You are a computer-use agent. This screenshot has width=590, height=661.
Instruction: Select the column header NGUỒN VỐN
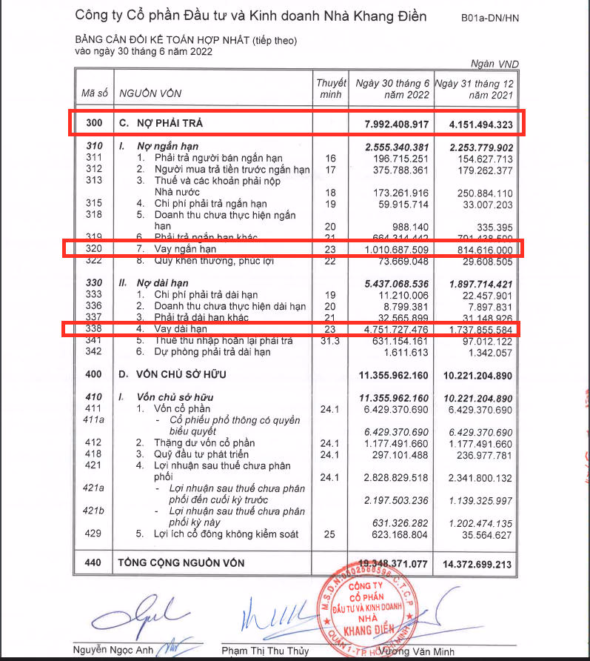pos(150,93)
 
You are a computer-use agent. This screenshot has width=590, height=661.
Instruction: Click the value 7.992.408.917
pos(391,122)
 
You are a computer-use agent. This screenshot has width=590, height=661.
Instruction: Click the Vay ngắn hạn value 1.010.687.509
pos(392,249)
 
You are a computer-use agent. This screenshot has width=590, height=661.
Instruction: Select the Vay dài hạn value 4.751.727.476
pos(392,329)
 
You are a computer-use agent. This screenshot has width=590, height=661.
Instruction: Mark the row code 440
pos(93,563)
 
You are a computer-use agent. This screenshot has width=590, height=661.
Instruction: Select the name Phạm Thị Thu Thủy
pos(265,651)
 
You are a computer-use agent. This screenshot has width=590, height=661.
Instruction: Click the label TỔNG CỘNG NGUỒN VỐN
pos(192,563)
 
